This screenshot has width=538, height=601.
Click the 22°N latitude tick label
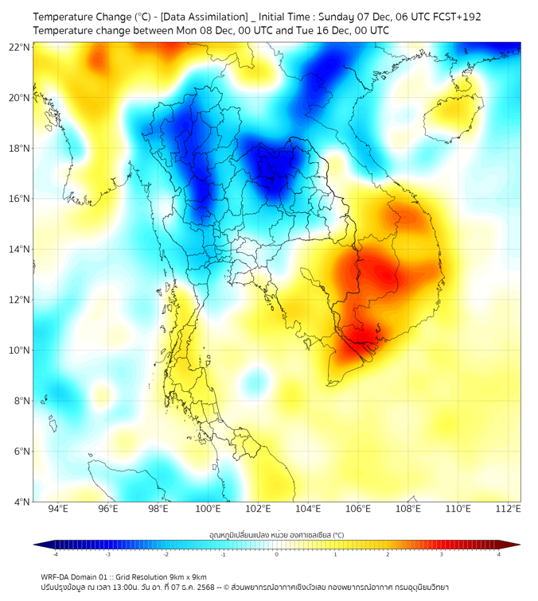[x=20, y=48]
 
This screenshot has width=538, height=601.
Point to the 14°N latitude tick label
[x=20, y=250]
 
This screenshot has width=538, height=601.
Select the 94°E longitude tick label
[x=58, y=509]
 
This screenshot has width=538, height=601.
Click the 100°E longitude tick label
[x=209, y=509]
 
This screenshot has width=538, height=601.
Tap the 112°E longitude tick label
[x=509, y=509]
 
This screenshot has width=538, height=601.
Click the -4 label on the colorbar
[x=55, y=554]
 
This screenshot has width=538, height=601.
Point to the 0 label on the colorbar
[x=277, y=554]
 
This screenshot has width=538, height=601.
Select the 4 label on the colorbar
[x=499, y=554]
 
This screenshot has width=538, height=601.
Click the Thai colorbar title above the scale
[x=276, y=534]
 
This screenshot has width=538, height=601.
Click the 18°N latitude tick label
[x=20, y=149]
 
